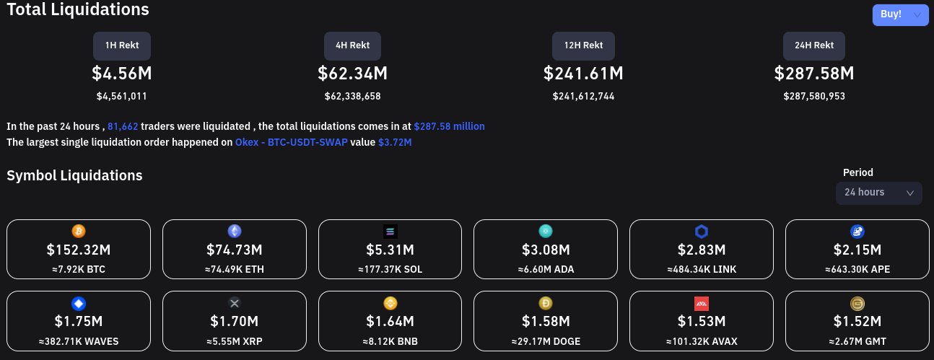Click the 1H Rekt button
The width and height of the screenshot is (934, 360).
click(121, 45)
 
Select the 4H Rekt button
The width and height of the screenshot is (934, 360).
click(352, 45)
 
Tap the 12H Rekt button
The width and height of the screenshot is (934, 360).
click(583, 45)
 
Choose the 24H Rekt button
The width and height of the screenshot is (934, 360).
click(814, 45)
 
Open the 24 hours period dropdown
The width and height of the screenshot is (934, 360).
click(878, 193)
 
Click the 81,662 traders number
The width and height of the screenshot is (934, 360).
click(123, 126)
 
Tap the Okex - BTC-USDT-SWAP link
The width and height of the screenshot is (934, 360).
click(292, 142)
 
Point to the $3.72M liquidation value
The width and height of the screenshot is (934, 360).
click(395, 142)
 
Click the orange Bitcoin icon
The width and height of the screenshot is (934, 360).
click(79, 231)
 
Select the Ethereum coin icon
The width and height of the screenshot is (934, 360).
click(235, 231)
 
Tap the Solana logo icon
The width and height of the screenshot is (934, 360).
click(390, 231)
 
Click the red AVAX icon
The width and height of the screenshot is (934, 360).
click(702, 303)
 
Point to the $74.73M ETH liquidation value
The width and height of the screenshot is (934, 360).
click(235, 250)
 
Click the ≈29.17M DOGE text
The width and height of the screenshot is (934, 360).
click(546, 341)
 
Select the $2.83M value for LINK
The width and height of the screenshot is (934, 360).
click(702, 250)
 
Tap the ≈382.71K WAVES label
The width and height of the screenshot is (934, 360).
click(79, 341)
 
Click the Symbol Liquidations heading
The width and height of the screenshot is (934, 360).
click(74, 175)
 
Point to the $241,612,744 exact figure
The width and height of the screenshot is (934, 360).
click(583, 96)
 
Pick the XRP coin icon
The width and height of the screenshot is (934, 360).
click(235, 303)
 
